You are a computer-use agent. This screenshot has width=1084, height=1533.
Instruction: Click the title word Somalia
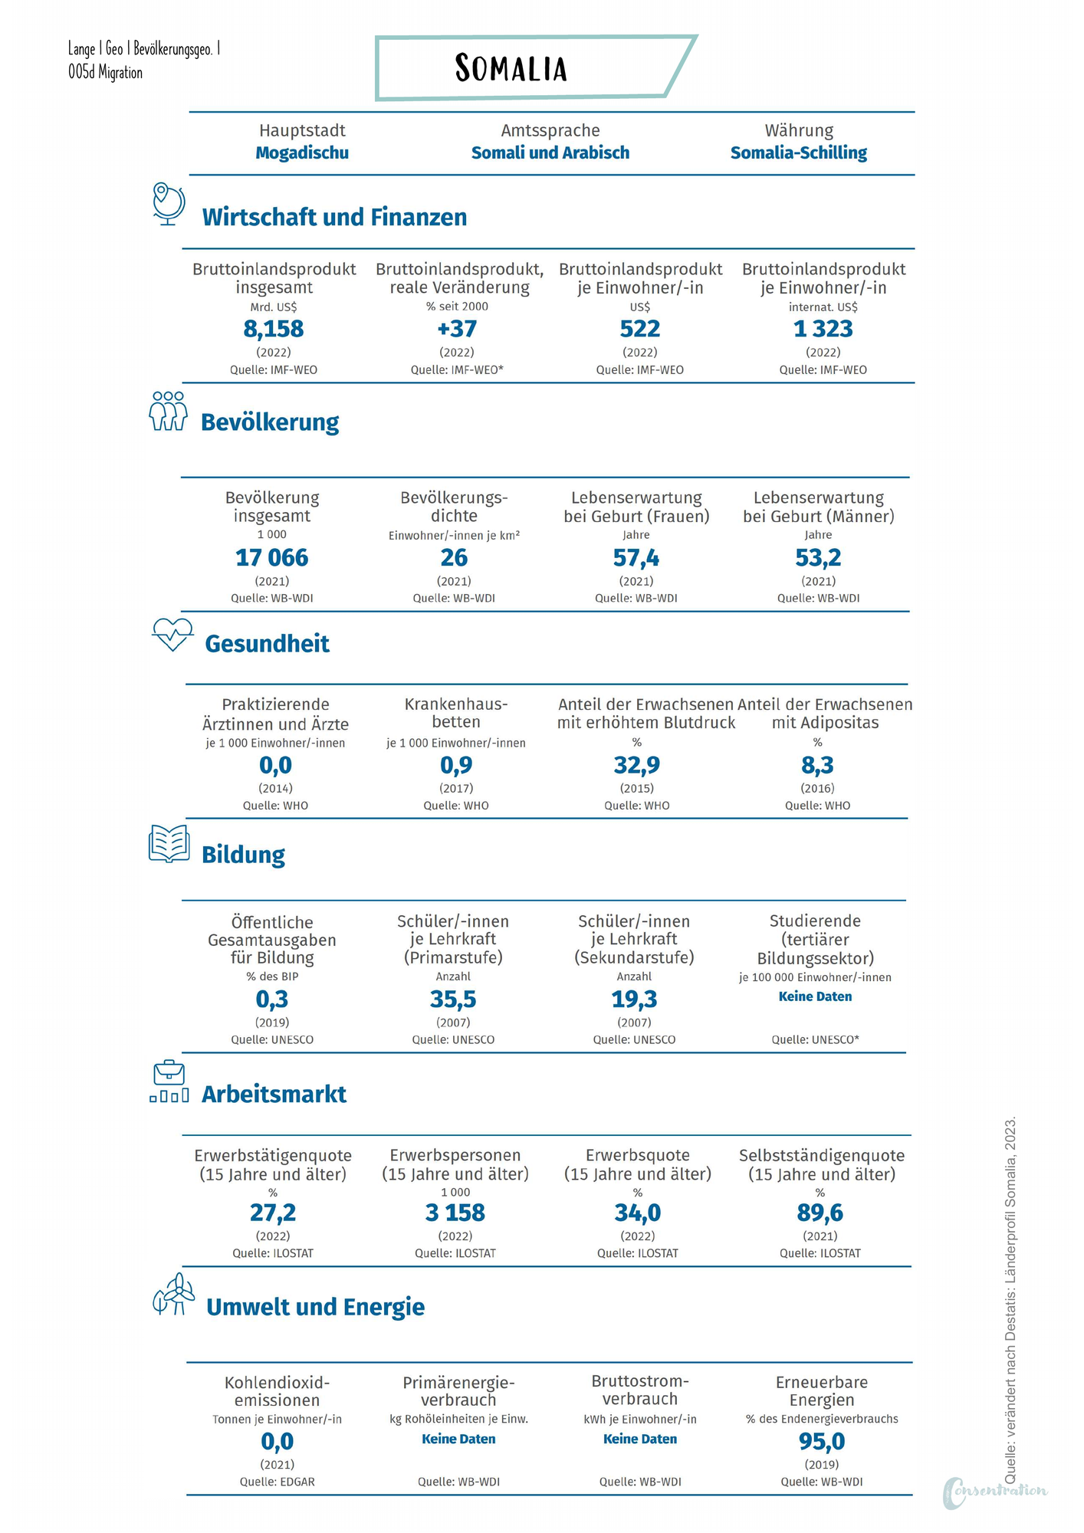click(x=511, y=68)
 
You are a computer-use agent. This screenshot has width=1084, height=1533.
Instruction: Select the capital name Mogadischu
click(x=302, y=153)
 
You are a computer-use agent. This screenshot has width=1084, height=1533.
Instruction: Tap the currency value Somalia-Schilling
click(x=799, y=153)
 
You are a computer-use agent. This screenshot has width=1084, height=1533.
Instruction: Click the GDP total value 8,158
click(x=274, y=329)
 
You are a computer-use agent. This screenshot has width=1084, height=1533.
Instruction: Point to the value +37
click(x=457, y=329)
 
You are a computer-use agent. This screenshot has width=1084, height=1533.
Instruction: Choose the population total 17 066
click(x=272, y=557)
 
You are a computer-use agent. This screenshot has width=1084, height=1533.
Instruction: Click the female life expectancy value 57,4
click(x=636, y=558)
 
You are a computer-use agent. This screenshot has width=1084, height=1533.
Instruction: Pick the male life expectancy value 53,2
click(x=818, y=558)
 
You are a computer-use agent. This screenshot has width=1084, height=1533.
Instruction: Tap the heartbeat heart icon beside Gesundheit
click(x=172, y=635)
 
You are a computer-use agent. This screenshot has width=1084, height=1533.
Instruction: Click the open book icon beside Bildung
click(x=169, y=844)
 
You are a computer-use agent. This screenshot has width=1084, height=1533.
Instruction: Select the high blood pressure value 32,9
click(x=637, y=765)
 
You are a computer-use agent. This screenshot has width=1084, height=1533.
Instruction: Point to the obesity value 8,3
click(x=818, y=765)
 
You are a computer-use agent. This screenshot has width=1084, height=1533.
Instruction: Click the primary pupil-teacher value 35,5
click(x=453, y=1000)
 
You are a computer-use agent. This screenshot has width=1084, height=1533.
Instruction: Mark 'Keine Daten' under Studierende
click(x=815, y=996)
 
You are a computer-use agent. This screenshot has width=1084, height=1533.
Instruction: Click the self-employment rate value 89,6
click(x=820, y=1213)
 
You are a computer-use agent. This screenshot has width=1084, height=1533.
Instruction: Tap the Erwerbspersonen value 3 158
click(x=455, y=1213)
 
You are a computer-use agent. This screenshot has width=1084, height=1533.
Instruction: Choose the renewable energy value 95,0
click(x=822, y=1441)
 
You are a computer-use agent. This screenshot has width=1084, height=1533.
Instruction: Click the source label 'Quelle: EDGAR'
click(x=278, y=1482)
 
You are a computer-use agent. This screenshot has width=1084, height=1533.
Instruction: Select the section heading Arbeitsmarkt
click(x=274, y=1094)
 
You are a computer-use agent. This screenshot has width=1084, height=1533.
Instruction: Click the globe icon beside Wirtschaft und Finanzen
click(x=169, y=204)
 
